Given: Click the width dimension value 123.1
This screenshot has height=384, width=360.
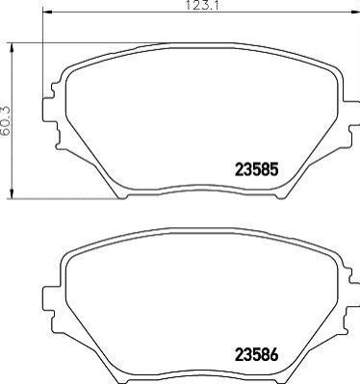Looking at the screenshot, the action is click(x=202, y=6).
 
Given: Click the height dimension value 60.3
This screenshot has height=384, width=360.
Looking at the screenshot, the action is click(x=6, y=121).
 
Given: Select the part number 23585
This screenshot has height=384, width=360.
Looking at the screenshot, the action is click(x=256, y=169).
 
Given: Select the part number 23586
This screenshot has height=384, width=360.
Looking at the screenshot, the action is click(x=256, y=355).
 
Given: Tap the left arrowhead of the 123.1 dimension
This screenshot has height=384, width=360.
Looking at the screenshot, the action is click(x=47, y=13).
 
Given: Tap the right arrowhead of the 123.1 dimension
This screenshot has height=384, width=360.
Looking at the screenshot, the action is click(x=355, y=13).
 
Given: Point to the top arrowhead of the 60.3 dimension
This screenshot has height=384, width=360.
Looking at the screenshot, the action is click(x=12, y=48).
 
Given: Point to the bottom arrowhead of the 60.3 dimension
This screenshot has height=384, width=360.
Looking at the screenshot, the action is click(x=12, y=193).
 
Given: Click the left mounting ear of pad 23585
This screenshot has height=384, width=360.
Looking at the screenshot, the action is click(x=48, y=110).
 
